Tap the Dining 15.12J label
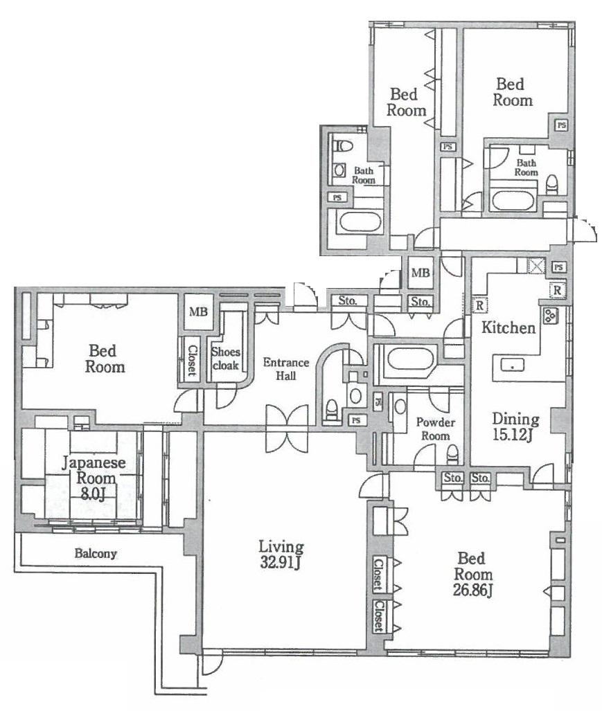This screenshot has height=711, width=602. click(x=515, y=426)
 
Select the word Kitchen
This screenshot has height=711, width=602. click(x=509, y=327)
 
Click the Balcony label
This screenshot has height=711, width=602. click(x=96, y=554)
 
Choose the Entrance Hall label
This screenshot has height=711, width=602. click(x=281, y=368)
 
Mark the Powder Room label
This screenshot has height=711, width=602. click(x=433, y=429)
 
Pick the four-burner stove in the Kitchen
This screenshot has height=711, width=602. click(x=551, y=316)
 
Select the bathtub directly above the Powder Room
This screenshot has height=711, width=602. click(x=408, y=359)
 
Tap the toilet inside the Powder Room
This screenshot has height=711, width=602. click(x=452, y=456)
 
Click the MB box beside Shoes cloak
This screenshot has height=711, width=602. click(x=198, y=312)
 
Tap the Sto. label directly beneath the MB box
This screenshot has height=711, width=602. click(x=419, y=302)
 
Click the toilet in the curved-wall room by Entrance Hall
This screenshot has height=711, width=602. click(x=330, y=409)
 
